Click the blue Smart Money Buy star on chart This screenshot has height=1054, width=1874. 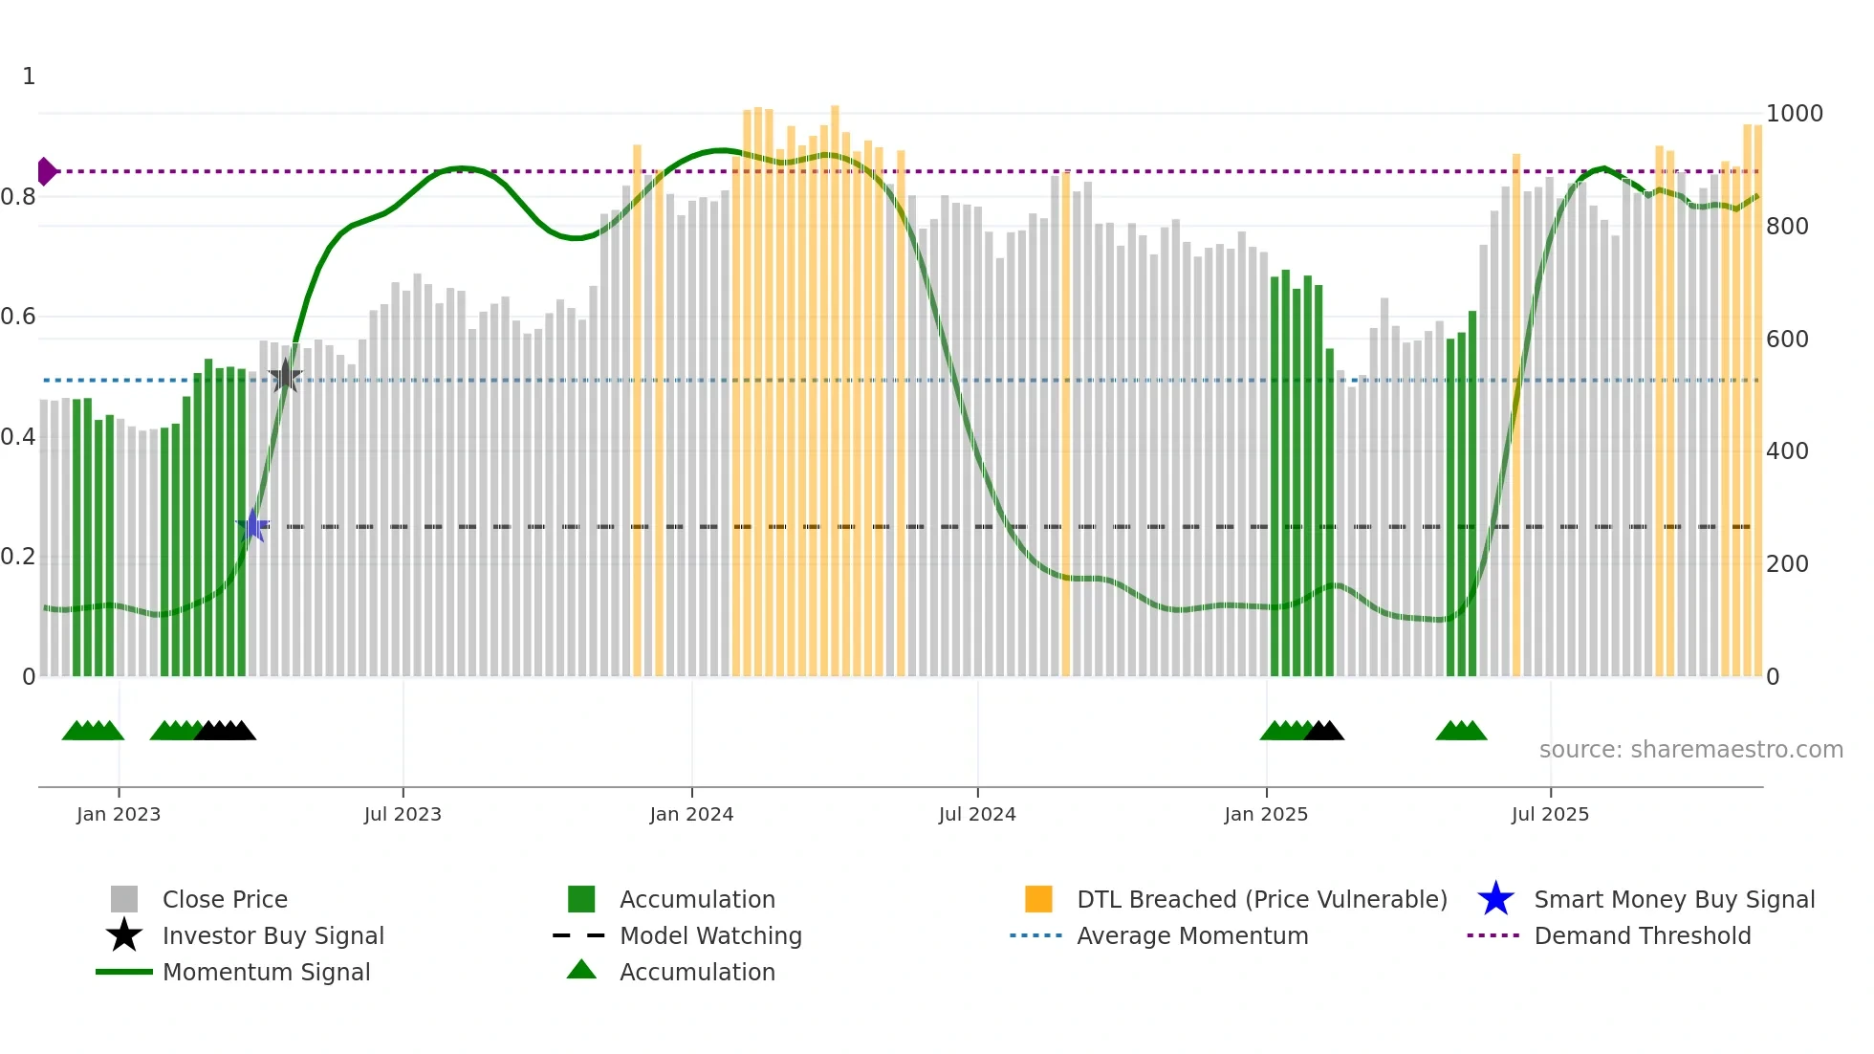(253, 525)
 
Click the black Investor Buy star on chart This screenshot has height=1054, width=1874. (285, 377)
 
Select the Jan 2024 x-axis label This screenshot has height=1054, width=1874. (691, 814)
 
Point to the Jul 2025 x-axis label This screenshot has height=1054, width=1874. (1550, 814)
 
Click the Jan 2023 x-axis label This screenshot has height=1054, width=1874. (119, 814)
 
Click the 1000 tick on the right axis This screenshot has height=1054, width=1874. (1794, 114)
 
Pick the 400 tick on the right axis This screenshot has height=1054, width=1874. (1787, 451)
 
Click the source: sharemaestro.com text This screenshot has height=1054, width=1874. (1690, 750)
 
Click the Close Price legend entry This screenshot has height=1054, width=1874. (225, 899)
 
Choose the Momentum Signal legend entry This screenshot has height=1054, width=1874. (266, 972)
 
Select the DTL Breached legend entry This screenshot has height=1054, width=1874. (1261, 899)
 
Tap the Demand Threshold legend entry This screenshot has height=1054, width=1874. (1642, 935)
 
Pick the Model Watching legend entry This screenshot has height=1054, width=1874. (709, 935)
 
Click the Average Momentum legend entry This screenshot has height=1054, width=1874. (1191, 935)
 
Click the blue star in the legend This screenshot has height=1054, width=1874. (1495, 899)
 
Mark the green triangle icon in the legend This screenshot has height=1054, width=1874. (581, 970)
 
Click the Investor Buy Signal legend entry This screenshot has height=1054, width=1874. (272, 935)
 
